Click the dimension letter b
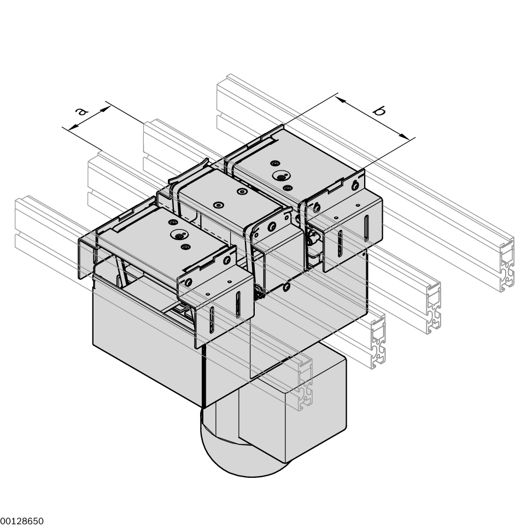[x=379, y=112]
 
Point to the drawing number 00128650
[x=22, y=521]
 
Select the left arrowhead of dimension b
[x=341, y=100]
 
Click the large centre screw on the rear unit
[x=281, y=177]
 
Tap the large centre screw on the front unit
[x=179, y=236]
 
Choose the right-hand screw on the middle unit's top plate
[x=241, y=191]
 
